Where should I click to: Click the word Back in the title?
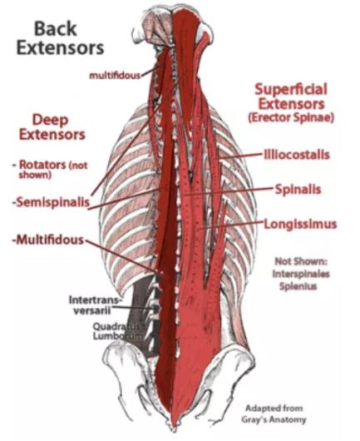[x=56, y=29]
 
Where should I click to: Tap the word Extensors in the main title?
[x=60, y=48]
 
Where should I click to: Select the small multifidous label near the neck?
[x=115, y=76]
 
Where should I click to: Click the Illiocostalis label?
[x=297, y=155]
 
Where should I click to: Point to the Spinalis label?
[x=298, y=189]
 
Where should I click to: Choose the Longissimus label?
[x=300, y=225]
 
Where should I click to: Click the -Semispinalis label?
[x=51, y=202]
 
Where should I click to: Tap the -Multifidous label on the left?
[x=48, y=240]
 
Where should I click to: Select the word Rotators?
[x=42, y=165]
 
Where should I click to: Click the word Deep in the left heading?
[x=51, y=120]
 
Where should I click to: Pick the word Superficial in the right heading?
[x=291, y=89]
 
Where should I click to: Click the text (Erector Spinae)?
[x=291, y=117]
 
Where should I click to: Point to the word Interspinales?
[x=301, y=274]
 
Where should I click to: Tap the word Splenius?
[x=298, y=286]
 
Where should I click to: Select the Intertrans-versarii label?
[x=96, y=305]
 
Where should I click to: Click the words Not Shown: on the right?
[x=301, y=261]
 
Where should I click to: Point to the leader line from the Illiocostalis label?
[x=241, y=156]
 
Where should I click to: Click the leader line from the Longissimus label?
[x=230, y=225]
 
